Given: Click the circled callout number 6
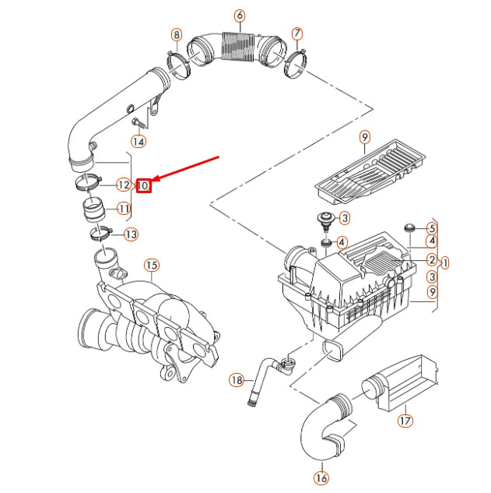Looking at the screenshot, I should (x=239, y=16).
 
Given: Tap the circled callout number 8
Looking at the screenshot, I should (x=177, y=34).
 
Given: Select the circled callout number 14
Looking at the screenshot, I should (x=138, y=141).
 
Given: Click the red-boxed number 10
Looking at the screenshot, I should (x=143, y=185).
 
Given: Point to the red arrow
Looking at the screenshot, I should (x=187, y=171).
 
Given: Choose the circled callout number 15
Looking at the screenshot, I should (x=151, y=266).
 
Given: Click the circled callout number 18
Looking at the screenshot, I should (x=237, y=380).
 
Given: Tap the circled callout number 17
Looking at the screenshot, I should (x=405, y=421).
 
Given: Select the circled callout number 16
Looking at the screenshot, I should (x=321, y=477).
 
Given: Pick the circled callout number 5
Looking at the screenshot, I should (x=430, y=228).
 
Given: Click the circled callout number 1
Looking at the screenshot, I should (x=444, y=262).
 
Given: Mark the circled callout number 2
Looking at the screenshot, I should (x=430, y=259).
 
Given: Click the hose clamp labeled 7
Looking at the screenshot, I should (x=296, y=62).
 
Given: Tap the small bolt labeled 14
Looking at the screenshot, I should (x=137, y=122).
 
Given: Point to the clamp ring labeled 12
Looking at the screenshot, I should (x=90, y=185).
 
